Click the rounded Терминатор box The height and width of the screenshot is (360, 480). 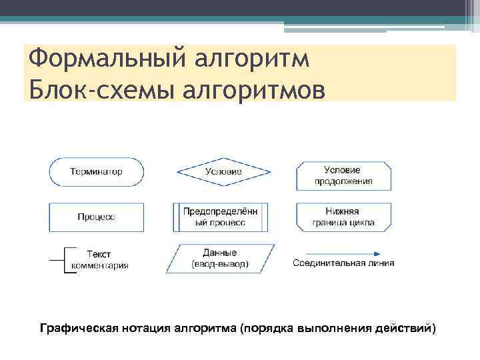tap(96, 172)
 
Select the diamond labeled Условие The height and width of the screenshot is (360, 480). tap(223, 172)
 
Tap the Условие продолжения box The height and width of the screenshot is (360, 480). tap(344, 175)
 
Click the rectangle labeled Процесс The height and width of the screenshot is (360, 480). tap(96, 217)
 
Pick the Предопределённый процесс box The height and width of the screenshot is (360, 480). tap(220, 217)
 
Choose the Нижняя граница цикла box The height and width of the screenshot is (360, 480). tap(344, 217)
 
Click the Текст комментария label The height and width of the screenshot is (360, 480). tap(100, 260)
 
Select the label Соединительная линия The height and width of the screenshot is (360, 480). tap(344, 263)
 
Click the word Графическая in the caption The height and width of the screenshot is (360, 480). tap(80, 328)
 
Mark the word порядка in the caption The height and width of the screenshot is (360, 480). tap(268, 328)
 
